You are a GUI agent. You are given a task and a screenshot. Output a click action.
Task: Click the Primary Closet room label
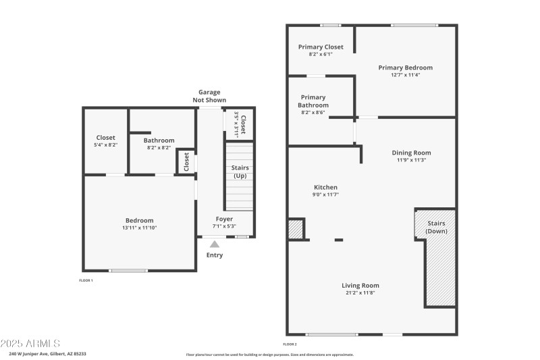(x=321, y=47)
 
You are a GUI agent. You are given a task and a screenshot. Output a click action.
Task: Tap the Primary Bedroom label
(x=405, y=68)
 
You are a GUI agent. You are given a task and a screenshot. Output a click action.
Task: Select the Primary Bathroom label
(x=313, y=101)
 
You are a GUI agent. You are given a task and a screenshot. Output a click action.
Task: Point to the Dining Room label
(x=411, y=153)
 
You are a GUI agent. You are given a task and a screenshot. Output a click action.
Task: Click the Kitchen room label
(x=325, y=187)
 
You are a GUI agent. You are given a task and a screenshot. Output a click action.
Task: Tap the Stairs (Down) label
(x=436, y=227)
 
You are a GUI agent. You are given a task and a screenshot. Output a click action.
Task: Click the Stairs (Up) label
(x=240, y=172)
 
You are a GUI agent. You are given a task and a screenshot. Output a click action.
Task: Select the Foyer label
(x=224, y=219)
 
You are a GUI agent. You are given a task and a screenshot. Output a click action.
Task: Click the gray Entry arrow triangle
(x=215, y=244)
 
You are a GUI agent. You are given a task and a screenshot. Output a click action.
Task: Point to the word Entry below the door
(x=215, y=255)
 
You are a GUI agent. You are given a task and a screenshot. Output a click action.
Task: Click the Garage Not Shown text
(x=209, y=96)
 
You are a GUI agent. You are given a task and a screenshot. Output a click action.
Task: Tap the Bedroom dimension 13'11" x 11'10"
(x=139, y=228)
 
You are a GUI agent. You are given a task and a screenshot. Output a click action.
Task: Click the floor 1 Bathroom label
(x=159, y=140)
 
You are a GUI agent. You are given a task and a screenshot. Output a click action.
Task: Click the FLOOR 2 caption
(x=290, y=344)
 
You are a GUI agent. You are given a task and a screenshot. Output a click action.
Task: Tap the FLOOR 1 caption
(x=86, y=280)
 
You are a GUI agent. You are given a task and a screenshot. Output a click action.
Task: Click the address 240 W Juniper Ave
(x=47, y=353)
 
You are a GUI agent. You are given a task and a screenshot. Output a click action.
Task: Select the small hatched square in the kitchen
(x=296, y=229)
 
